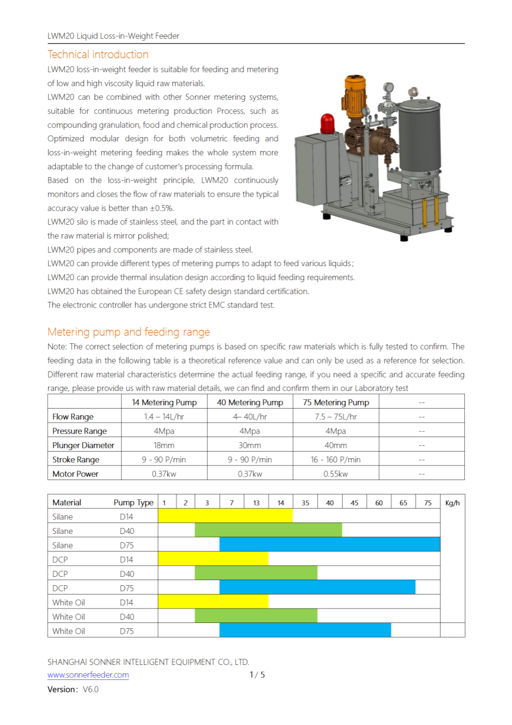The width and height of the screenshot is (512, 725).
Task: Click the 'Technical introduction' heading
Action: point(98,54)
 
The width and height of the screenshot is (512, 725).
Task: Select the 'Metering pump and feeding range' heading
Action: point(128,332)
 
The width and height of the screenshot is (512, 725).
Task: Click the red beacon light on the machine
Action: point(327,124)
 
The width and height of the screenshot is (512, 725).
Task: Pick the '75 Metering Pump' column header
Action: point(336,402)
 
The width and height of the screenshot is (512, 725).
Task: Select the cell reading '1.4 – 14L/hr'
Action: point(164,417)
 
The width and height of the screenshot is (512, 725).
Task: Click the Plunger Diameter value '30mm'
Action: point(249,445)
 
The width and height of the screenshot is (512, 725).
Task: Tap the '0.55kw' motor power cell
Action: point(336,474)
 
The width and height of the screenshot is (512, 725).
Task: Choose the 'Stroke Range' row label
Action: point(76,460)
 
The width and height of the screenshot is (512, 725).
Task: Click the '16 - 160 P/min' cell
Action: point(336,460)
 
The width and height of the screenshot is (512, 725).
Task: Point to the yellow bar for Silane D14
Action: point(225,516)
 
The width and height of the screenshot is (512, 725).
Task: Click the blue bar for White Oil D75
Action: point(305,630)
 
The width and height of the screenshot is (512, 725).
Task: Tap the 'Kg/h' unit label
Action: point(452,503)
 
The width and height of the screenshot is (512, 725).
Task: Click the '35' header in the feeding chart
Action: point(305,503)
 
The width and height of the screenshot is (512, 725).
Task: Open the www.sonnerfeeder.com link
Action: point(88,675)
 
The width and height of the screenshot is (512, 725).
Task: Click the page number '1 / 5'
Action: point(257,675)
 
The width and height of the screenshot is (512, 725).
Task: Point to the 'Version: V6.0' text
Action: point(73,690)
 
